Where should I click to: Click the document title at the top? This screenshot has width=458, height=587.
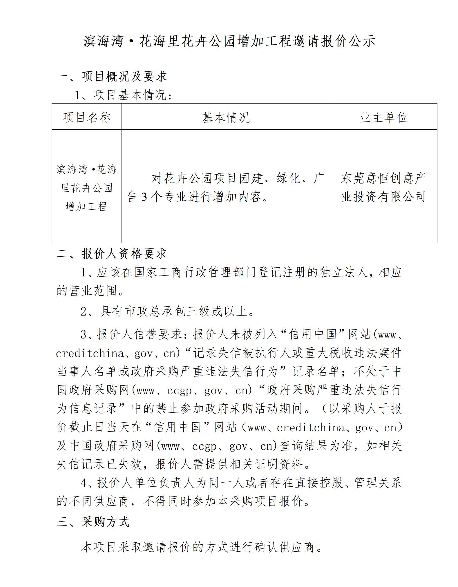tap(229, 41)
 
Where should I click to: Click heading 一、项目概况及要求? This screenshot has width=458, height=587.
tap(112, 76)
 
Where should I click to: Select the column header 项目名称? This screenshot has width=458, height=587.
tap(86, 117)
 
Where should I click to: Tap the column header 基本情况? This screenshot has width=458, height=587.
tap(226, 117)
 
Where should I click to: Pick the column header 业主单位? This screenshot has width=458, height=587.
tap(383, 117)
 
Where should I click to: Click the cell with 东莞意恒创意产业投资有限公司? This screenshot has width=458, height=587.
tap(383, 187)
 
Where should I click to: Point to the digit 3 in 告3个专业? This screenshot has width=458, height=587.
tap(144, 197)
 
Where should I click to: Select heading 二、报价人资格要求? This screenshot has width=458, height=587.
tap(112, 253)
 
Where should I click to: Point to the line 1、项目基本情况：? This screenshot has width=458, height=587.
tap(123, 95)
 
